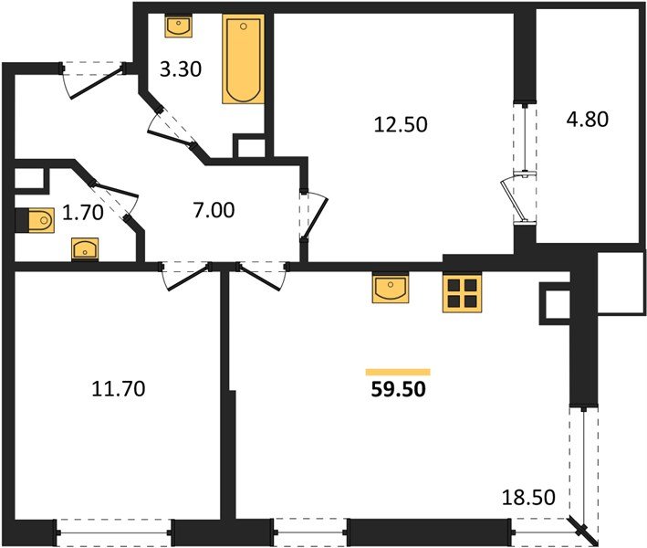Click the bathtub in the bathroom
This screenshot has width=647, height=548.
pos(243,59)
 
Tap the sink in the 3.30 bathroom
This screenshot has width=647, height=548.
pos(179,26)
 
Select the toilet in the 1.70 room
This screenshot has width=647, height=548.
pos(37,219)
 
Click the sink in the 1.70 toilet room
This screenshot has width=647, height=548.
pos(85,248)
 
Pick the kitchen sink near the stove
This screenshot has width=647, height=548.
pos(391,290)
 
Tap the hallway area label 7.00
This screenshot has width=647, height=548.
pos(214,211)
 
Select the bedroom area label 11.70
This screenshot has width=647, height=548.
pos(119,390)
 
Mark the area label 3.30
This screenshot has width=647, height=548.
pos(179,68)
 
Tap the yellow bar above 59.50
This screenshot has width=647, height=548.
pos(398,372)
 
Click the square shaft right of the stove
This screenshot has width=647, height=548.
pos(555,302)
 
